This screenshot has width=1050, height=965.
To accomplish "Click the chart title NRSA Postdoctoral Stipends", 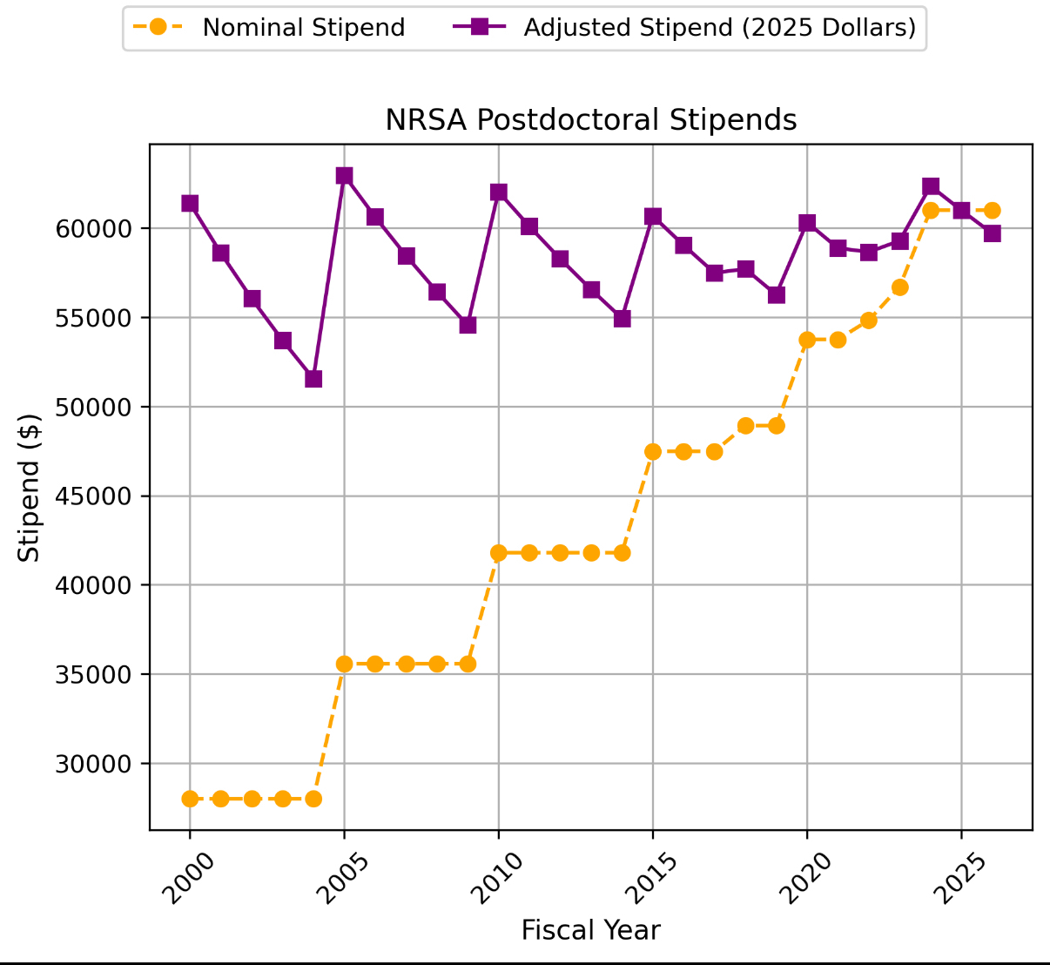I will pyautogui.click(x=590, y=120).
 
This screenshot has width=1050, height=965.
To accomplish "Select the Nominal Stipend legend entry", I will pyautogui.click(x=303, y=28).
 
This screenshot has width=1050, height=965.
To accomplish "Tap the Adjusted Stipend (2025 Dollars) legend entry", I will pyautogui.click(x=719, y=28).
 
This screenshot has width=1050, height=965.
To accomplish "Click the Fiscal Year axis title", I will pyautogui.click(x=590, y=931).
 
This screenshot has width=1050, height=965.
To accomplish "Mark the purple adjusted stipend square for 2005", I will pyautogui.click(x=344, y=176).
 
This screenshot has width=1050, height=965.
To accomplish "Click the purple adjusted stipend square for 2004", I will pyautogui.click(x=313, y=379).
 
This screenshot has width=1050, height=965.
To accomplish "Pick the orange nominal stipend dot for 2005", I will pyautogui.click(x=344, y=664).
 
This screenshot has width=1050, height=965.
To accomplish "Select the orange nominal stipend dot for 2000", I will pyautogui.click(x=190, y=799).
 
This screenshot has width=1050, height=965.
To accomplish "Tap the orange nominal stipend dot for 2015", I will pyautogui.click(x=653, y=451).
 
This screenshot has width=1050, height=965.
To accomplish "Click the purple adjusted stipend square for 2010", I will pyautogui.click(x=499, y=192).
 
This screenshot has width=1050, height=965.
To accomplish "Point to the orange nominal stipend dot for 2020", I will pyautogui.click(x=807, y=340).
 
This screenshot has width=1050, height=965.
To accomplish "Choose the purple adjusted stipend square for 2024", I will pyautogui.click(x=931, y=186).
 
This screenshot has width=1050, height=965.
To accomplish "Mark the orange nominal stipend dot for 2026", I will pyautogui.click(x=993, y=210).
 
